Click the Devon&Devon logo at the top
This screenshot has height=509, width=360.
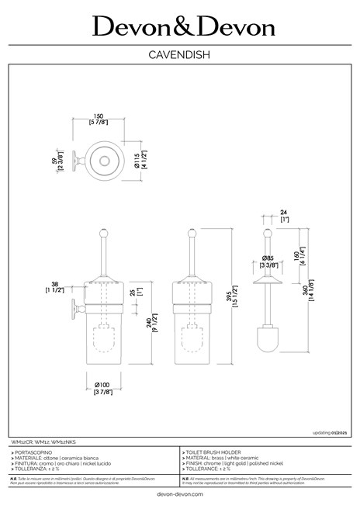click(x=184, y=27)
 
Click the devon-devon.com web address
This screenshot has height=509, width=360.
click(x=180, y=493)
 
